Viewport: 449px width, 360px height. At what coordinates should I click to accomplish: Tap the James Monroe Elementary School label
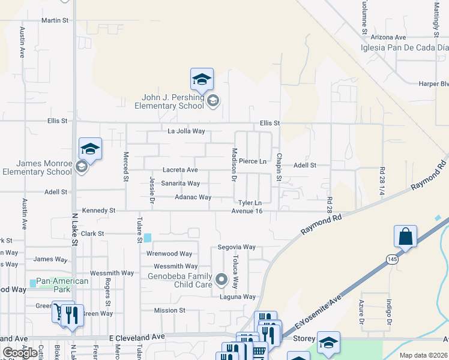37,167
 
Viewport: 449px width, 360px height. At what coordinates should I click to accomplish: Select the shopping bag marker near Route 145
405,236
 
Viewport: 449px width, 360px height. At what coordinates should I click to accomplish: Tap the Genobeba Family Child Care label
180,280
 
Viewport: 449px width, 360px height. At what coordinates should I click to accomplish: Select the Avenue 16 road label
247,211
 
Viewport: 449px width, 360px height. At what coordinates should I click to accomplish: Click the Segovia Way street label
237,247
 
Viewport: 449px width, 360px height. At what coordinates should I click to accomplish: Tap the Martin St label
55,20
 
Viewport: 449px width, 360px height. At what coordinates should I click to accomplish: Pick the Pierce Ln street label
253,161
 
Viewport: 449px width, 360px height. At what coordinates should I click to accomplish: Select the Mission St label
169,310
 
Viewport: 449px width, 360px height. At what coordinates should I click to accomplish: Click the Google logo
20,353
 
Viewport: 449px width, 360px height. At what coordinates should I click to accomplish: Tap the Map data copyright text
424,355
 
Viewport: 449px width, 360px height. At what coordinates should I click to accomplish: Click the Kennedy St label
98,211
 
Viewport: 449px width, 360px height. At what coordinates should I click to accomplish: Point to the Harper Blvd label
433,84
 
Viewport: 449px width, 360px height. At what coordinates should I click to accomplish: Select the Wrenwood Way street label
169,254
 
